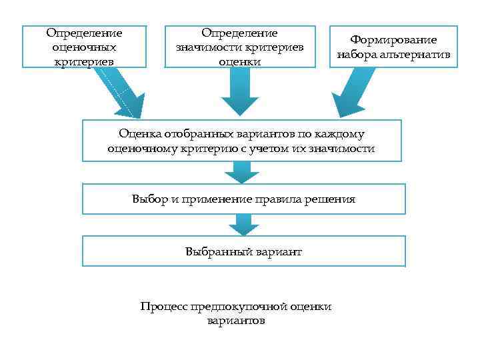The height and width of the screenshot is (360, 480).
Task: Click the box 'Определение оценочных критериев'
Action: [84, 47]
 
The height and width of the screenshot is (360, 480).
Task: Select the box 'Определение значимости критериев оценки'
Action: [239, 47]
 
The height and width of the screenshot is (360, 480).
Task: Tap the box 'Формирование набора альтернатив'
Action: [393, 47]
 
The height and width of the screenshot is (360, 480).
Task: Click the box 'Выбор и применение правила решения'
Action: [243, 199]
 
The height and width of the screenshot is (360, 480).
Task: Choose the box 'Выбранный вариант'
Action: [243, 251]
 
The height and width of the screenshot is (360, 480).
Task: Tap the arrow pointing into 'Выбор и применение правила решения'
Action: [241, 173]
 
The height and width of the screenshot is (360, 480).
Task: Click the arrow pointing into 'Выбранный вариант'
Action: [241, 225]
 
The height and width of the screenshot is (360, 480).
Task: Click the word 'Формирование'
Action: [393, 40]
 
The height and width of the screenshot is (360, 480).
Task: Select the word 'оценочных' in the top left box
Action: [84, 47]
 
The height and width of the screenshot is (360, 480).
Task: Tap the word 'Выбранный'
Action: [211, 251]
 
